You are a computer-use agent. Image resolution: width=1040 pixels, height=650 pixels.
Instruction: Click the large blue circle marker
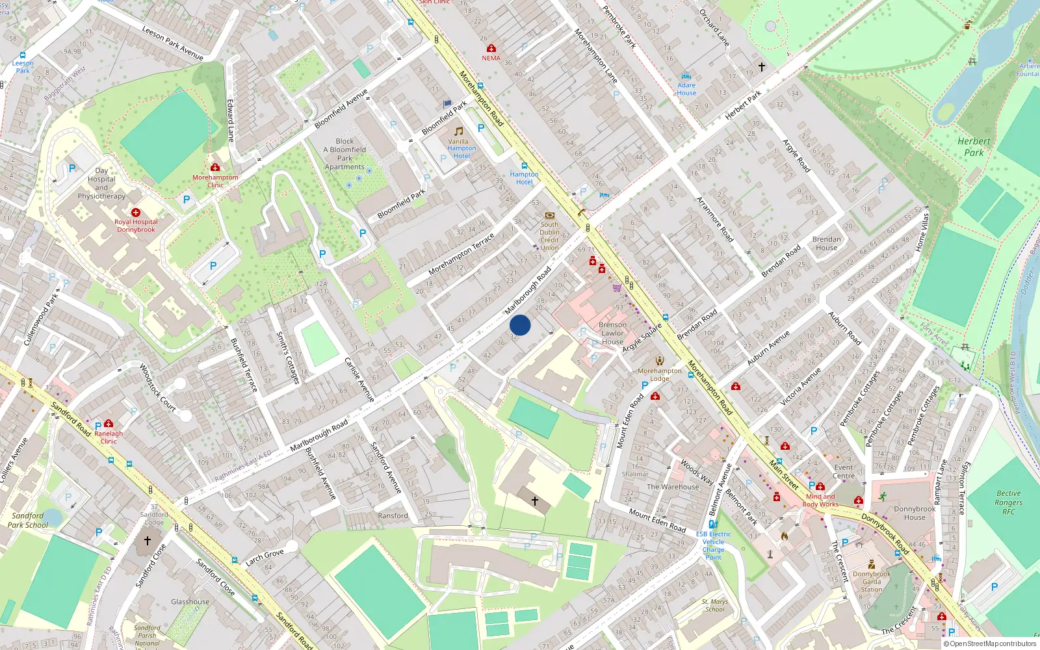(520, 325)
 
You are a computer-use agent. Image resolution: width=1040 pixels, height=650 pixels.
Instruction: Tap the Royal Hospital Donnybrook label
(136, 226)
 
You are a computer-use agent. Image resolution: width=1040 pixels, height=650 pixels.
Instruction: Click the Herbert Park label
(974, 147)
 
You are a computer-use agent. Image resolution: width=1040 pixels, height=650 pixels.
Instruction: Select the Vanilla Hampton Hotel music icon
(459, 131)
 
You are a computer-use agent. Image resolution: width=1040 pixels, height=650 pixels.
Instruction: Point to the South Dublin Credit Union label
(549, 236)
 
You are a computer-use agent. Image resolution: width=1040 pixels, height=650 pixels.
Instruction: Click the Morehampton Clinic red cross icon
(215, 167)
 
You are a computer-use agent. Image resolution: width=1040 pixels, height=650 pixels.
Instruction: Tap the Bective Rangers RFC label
(1008, 502)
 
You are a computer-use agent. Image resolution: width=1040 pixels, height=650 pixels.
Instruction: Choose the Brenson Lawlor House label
(612, 333)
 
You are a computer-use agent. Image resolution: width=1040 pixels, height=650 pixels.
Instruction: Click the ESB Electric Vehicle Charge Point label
(713, 545)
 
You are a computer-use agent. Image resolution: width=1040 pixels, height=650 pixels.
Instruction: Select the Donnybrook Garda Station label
(872, 582)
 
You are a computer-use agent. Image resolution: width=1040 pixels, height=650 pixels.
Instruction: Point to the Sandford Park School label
(28, 520)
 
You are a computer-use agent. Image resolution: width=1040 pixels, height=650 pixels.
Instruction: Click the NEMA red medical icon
(491, 49)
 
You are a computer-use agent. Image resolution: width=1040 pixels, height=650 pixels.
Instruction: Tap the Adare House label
(686, 89)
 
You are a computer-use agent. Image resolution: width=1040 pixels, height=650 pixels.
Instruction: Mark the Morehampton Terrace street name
(461, 253)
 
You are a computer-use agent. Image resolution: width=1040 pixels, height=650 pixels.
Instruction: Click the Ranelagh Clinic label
(109, 437)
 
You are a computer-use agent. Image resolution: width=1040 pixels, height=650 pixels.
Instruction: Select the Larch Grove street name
(265, 557)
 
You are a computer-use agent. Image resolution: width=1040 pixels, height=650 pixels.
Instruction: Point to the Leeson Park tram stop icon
(23, 56)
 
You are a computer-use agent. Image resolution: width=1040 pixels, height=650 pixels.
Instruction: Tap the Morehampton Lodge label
(659, 374)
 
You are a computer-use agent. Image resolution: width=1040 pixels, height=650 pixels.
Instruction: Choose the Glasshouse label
(190, 601)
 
